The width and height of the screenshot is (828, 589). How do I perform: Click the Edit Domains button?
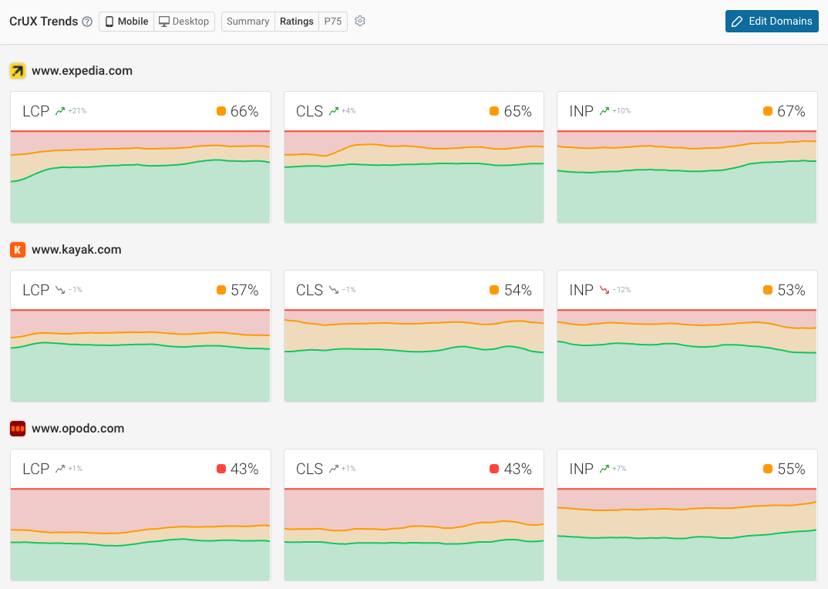pos(772,21)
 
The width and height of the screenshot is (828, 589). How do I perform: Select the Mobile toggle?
pos(126,22)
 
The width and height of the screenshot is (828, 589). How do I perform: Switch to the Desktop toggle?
pos(184,22)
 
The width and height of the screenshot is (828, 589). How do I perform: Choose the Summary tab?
pos(247,22)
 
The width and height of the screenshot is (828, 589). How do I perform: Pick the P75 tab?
pos(332,22)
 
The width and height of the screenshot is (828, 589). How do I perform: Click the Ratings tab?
pos(296,22)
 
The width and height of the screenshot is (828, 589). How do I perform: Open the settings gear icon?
pos(360,22)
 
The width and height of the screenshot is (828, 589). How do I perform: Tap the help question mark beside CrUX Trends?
pos(87,22)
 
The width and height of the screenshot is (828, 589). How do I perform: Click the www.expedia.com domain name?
pos(82,71)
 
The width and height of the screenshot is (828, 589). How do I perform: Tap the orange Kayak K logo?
pos(18,250)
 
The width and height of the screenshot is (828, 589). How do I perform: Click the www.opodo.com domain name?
pos(78,429)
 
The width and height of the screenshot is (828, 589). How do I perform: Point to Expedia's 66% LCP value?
pos(244,111)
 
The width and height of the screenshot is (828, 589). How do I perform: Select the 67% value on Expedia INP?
pos(791,111)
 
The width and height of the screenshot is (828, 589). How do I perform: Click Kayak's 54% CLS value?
pos(518,290)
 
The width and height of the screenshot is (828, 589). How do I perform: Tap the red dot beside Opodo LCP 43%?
pos(221,469)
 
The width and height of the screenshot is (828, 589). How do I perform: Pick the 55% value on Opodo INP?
pos(791,469)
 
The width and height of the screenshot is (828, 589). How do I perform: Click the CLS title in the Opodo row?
pos(309,469)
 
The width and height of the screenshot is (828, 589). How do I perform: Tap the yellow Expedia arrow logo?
pos(18,71)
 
